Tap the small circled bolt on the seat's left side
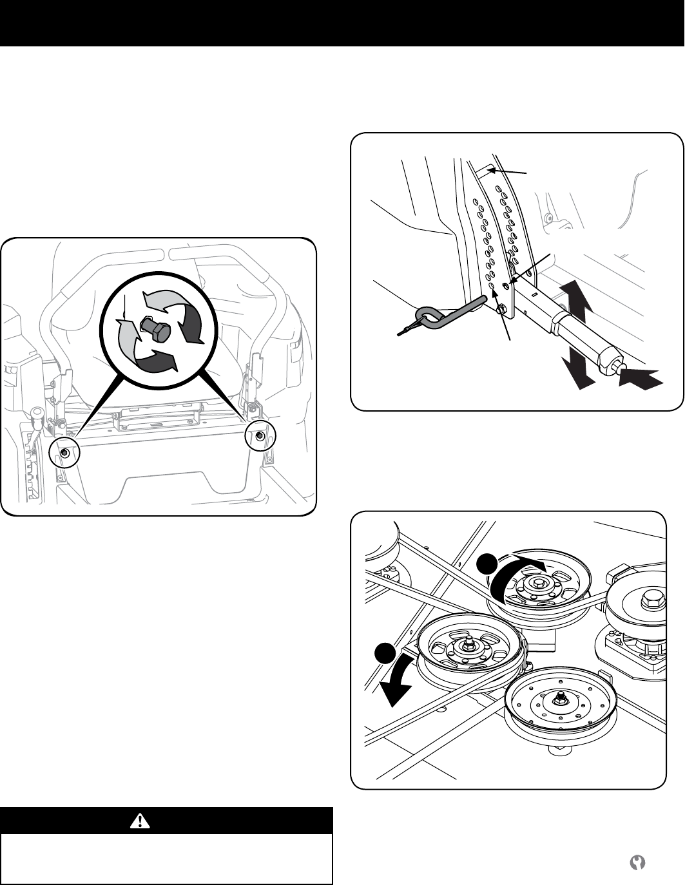coord(64,453)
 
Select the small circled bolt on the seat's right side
coord(260,437)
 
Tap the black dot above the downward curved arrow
coord(386,652)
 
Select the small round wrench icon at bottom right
coord(639,862)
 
